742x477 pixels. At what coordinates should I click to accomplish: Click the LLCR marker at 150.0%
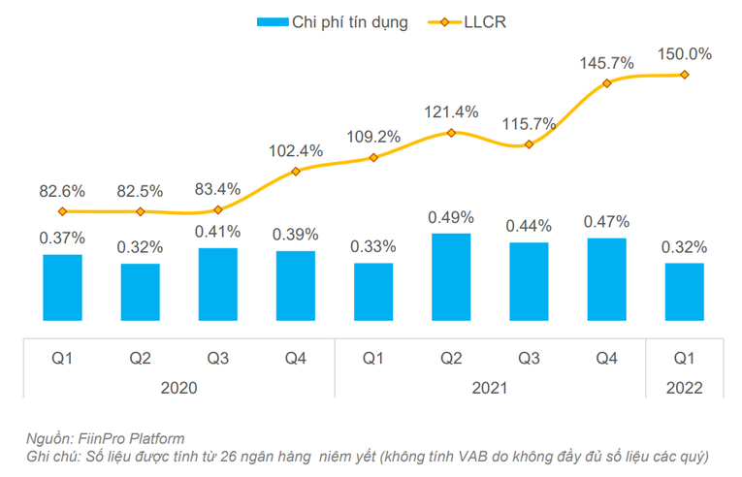[x=684, y=75]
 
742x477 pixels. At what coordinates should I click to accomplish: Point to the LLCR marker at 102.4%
[x=296, y=172]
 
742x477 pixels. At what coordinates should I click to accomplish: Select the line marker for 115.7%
[x=529, y=144]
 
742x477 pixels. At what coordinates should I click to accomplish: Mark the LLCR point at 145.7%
[x=606, y=83]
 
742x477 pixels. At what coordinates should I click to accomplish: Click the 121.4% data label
[x=452, y=111]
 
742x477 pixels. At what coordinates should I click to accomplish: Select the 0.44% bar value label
[x=529, y=225]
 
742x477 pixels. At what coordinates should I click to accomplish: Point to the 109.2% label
[x=373, y=137]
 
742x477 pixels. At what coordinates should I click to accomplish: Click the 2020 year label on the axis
[x=179, y=387]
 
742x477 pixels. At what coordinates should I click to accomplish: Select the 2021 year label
[x=490, y=387]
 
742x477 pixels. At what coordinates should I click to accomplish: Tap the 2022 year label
[x=684, y=387]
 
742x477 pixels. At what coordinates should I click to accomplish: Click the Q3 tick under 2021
[x=529, y=358]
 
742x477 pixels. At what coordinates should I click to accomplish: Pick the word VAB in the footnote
[x=464, y=456]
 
